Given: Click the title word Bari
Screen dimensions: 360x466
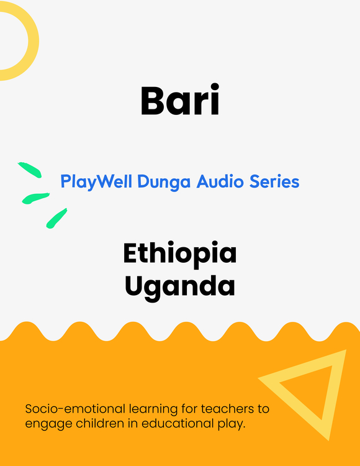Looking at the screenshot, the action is (x=180, y=99).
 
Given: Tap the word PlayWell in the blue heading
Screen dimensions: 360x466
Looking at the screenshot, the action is (x=96, y=181).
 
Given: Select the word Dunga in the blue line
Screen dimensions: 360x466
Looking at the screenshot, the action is (x=164, y=181).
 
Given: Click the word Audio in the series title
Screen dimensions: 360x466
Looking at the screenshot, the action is (x=220, y=181).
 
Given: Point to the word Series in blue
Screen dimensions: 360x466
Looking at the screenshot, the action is (x=274, y=181).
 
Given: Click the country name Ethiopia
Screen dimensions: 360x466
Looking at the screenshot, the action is (x=180, y=254).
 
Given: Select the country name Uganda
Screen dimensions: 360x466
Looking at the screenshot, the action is (x=180, y=286).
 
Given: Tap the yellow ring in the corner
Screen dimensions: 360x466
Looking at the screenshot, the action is (x=34, y=41).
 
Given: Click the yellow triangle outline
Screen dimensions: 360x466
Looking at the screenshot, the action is (x=334, y=395).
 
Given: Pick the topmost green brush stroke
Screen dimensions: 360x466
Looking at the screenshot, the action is (x=30, y=170).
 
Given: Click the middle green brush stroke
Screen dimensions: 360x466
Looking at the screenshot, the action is (x=35, y=198).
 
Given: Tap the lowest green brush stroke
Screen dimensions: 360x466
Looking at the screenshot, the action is (x=56, y=219).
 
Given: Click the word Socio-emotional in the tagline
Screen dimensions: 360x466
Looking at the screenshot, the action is (x=75, y=409).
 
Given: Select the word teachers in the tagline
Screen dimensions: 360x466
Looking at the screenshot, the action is (x=228, y=409).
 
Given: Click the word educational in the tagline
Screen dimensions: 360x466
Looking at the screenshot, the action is (x=177, y=424).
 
